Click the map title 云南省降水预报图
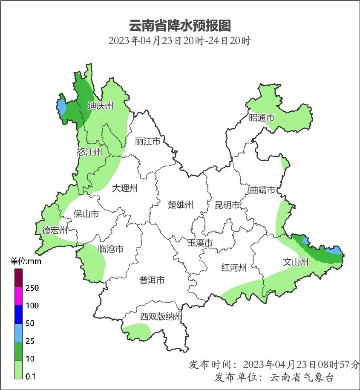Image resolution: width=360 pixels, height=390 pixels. click(179, 26)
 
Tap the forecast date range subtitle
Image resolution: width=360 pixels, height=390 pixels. click(179, 41)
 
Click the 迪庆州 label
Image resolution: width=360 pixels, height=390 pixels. click(101, 106)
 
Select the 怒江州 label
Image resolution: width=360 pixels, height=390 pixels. click(89, 152)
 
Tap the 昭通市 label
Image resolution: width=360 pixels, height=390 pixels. click(261, 118)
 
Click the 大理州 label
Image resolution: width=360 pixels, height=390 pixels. click(125, 188)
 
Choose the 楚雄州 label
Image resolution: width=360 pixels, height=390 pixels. click(180, 205)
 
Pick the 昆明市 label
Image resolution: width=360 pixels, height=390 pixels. click(228, 205)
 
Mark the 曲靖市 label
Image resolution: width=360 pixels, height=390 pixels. click(262, 190)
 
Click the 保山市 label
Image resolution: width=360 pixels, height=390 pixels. click(86, 214)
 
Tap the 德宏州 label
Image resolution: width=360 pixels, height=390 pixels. click(55, 231)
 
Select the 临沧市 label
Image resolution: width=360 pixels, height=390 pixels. click(110, 248)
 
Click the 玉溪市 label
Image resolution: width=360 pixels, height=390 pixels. click(200, 243)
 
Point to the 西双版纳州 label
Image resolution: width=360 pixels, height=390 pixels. click(161, 317)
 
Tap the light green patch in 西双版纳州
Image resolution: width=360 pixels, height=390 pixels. click(137, 331)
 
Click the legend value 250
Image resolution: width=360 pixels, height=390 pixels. click(32, 288)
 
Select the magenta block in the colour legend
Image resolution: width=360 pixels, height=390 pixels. click(19, 296)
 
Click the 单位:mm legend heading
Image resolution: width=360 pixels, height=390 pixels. click(26, 261)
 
